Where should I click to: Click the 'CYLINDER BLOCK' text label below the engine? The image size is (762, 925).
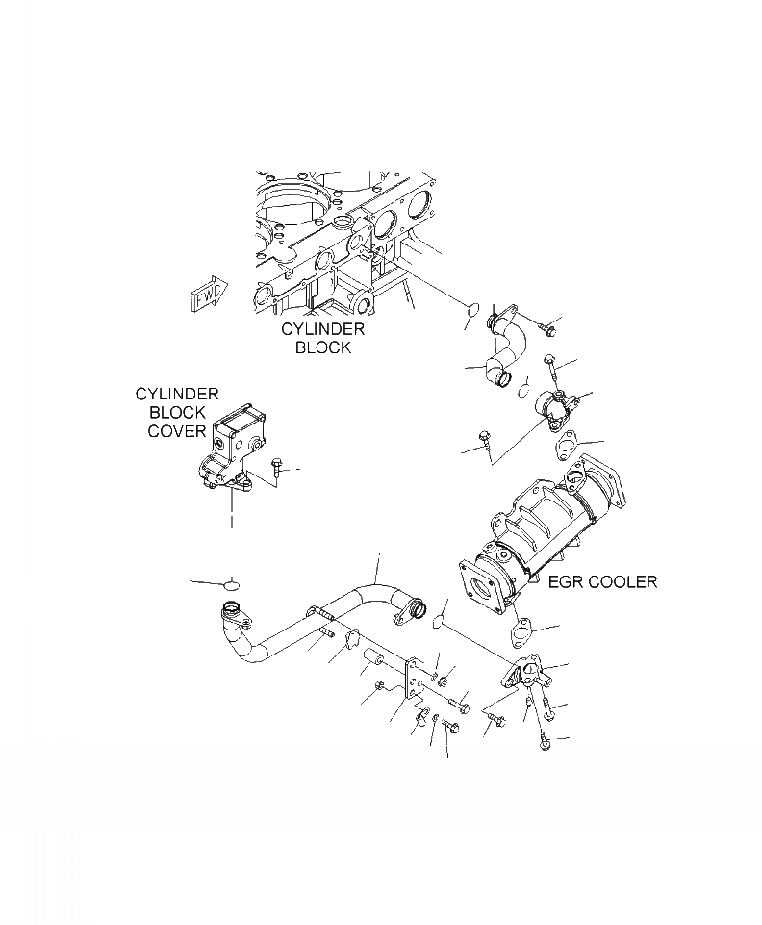pos(322,338)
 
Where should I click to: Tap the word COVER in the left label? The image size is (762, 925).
pos(176,431)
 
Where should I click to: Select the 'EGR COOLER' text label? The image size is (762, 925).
pos(602,581)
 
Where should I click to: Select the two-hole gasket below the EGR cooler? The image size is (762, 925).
pos(522,633)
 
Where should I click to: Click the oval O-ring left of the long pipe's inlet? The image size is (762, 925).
pos(230,584)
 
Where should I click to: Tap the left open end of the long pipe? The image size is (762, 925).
pos(232,610)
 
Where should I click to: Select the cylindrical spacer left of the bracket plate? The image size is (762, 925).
pos(374,661)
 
